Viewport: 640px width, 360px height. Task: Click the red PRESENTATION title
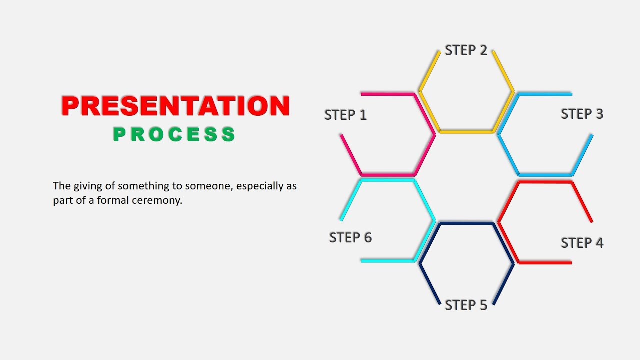[175, 106]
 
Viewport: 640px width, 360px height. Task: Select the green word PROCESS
[174, 134]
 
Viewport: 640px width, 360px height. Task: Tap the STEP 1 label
[345, 115]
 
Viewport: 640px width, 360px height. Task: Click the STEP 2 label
[466, 50]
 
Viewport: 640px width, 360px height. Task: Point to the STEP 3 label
[582, 114]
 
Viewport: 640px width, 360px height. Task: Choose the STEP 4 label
[582, 243]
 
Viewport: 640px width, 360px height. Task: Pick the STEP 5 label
[466, 305]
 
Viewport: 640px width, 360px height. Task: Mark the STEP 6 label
[350, 237]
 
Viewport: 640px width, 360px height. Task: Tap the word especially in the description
[260, 186]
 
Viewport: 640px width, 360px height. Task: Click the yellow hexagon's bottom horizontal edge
[467, 132]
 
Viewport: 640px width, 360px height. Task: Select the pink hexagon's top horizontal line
[388, 94]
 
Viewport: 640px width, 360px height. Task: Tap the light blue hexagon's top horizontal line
[545, 94]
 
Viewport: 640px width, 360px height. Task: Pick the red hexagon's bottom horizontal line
[545, 262]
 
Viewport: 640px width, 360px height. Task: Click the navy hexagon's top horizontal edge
[467, 223]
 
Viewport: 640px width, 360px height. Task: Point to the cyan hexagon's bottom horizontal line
[387, 261]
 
